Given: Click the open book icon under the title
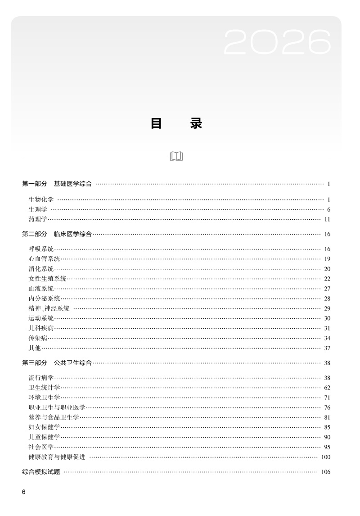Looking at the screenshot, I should point(176,156).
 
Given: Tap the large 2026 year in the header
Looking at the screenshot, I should point(277,43).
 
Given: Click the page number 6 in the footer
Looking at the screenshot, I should point(23,492).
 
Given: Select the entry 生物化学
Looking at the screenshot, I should point(41,199).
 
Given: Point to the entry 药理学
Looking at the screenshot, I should point(38,219).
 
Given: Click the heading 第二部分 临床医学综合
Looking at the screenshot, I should point(57,234).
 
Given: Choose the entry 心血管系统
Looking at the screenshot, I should point(44,259).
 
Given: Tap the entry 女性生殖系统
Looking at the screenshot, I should point(47,279).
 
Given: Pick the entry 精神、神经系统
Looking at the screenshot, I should point(49,308).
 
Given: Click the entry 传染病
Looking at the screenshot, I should point(38,338).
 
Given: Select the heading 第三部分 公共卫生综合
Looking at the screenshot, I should point(57,363).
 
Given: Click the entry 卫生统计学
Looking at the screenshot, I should point(44,388).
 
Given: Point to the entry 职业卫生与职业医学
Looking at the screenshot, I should point(57,407).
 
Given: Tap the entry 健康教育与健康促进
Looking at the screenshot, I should point(57,457).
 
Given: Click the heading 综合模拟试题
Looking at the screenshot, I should point(41,472).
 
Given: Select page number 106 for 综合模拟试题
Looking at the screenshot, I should point(326,472).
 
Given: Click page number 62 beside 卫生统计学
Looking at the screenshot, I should point(327,388).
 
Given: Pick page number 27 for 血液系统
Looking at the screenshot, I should point(327,289).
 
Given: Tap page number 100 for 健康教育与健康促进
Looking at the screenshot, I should point(326,457).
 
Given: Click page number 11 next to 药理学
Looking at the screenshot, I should point(327,219).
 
